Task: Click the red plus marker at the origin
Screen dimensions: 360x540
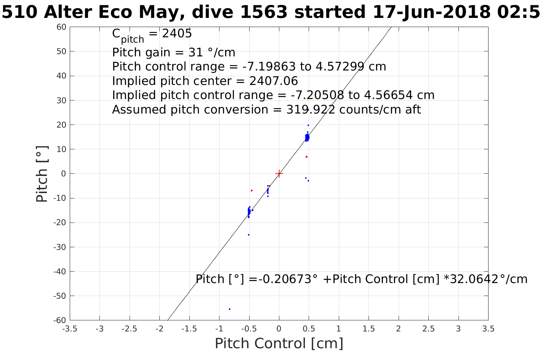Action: tap(279, 174)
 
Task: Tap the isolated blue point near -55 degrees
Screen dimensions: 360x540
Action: tap(229, 309)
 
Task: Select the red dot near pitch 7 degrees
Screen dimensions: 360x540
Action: tap(306, 157)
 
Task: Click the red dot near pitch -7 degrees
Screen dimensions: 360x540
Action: tap(252, 190)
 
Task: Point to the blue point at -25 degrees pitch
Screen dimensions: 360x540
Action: tap(248, 235)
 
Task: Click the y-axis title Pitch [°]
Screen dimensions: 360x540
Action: tap(42, 174)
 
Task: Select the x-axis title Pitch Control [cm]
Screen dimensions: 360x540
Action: tap(279, 344)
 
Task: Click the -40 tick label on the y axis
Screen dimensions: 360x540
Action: tap(60, 272)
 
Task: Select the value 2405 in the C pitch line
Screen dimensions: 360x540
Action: tap(177, 34)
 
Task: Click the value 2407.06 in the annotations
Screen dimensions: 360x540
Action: tap(273, 81)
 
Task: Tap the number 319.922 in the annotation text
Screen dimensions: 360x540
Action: tap(311, 110)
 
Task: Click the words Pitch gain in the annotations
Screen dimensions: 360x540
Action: tap(136, 52)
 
